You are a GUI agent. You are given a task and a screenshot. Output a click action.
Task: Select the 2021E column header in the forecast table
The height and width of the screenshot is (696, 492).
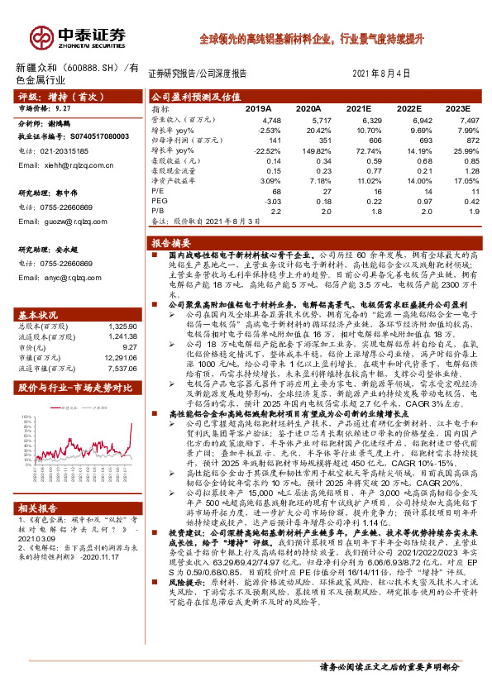click(358, 108)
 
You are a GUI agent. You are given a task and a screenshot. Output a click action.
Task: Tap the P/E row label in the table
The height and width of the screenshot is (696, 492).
click(155, 190)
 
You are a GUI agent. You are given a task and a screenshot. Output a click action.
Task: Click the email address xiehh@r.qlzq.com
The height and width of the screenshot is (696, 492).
click(60, 165)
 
